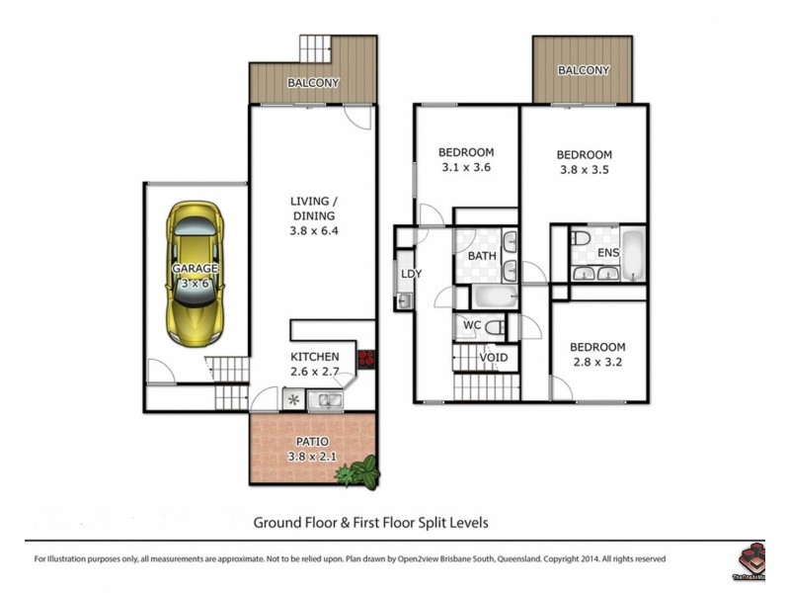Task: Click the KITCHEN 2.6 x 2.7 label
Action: point(314,364)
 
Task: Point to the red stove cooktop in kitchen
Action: point(365,359)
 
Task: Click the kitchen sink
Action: point(325,400)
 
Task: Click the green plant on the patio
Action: point(358,473)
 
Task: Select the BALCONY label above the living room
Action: point(313,83)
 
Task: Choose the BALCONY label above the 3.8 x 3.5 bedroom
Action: point(583,70)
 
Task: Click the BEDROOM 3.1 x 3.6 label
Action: point(465,159)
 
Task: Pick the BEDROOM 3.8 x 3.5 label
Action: point(584,162)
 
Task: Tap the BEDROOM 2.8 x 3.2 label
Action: point(597,355)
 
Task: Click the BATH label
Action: point(482,256)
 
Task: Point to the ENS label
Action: point(608,253)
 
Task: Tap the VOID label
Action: point(493,357)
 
